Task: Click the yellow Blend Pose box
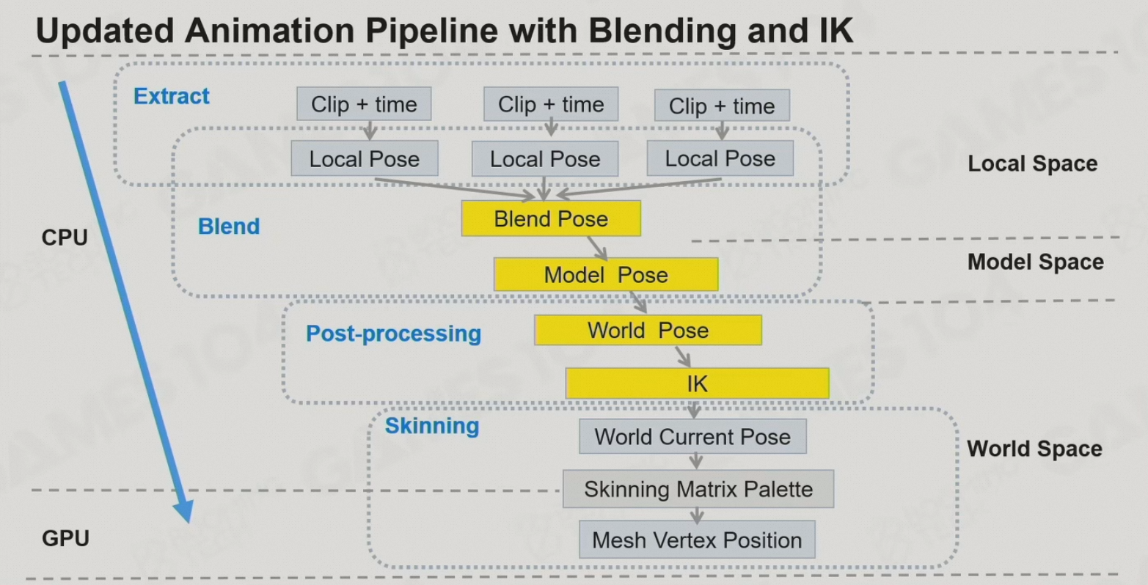coord(551,218)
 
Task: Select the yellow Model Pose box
coord(606,274)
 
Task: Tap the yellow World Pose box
coord(648,330)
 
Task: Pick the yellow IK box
coord(697,383)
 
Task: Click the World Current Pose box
coord(692,437)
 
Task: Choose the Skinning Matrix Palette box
coord(698,489)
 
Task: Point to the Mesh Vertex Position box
coord(697,540)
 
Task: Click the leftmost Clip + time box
coord(364,104)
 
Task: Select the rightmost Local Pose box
coord(720,158)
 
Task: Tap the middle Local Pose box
coord(545,159)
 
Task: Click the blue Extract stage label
coord(172,96)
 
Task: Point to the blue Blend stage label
coord(229,226)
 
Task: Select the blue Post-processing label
coord(393,334)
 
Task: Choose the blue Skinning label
coord(432,426)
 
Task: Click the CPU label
coord(65,238)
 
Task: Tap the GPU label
coord(65,538)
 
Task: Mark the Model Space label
coord(1035,262)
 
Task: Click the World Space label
coord(1034,449)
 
